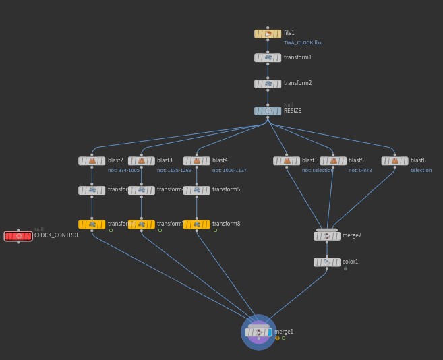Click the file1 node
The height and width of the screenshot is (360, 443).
click(268, 34)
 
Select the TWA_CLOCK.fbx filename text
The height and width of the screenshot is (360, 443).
click(302, 42)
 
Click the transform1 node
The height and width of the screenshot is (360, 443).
click(268, 58)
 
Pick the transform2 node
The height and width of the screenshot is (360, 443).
click(268, 84)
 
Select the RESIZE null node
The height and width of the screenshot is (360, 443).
click(268, 111)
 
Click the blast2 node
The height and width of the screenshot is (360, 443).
click(92, 161)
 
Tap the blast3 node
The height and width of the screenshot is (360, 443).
click(142, 161)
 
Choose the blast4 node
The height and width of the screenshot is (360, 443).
click(197, 161)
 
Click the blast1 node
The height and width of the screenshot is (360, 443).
click(287, 161)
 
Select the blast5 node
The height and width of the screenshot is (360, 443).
click(333, 161)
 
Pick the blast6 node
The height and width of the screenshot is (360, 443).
click(394, 161)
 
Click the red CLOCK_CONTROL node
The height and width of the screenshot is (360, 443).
click(18, 236)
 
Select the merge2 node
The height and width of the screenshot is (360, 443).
click(327, 236)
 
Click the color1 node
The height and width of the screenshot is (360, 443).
click(327, 262)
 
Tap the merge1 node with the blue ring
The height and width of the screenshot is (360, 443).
click(259, 332)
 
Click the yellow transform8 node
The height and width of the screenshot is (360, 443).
click(197, 224)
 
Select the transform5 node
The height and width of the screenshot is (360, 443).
click(197, 191)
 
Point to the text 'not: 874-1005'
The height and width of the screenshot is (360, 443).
click(123, 171)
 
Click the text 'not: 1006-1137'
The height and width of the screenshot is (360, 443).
click(229, 171)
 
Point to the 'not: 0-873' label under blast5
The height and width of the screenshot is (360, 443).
click(360, 171)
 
